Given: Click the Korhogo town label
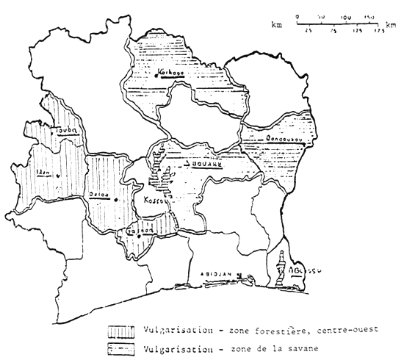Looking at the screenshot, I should point(170,73).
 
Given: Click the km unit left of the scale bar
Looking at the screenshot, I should point(277,25).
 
